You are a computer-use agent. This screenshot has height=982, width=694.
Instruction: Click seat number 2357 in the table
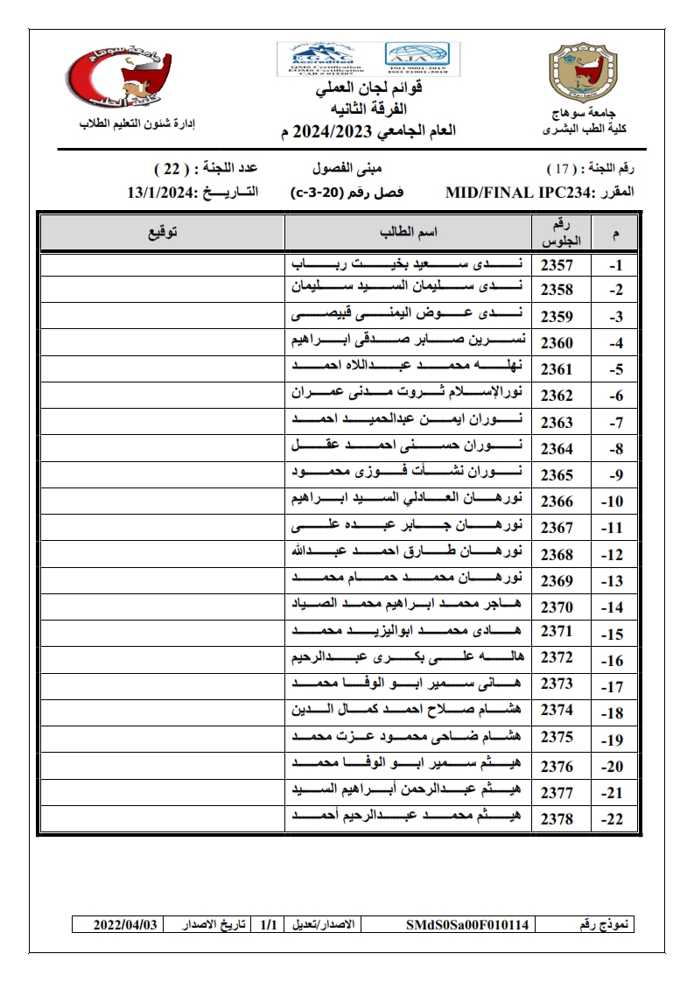[x=557, y=264]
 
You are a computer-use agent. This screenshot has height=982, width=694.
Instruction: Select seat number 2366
[x=557, y=502]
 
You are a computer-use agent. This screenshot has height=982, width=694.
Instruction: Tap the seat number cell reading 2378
[x=557, y=818]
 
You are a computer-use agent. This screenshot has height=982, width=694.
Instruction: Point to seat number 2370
[x=557, y=607]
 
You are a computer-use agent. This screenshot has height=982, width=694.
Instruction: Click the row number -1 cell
[x=615, y=264]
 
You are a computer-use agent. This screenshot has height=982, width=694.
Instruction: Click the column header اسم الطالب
[x=409, y=232]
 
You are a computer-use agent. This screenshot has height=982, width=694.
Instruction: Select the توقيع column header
[x=163, y=232]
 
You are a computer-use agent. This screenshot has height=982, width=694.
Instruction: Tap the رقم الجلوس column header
[x=557, y=233]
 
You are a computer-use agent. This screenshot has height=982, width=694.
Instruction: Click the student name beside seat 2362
[x=409, y=396]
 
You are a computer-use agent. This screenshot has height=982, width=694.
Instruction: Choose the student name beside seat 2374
[x=409, y=712]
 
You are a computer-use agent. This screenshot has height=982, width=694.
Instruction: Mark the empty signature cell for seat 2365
[x=163, y=475]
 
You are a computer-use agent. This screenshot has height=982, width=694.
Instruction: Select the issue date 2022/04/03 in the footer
[x=130, y=924]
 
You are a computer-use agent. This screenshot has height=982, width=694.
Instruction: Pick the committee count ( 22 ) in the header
[x=167, y=167]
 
